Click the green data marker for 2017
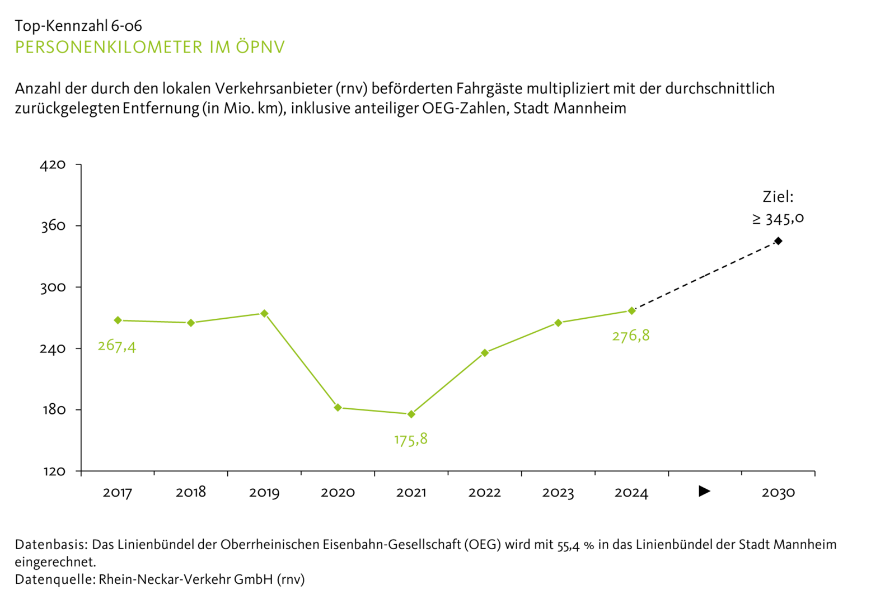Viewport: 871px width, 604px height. [x=118, y=320]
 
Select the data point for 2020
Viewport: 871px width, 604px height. [x=338, y=408]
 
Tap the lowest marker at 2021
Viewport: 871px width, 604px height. [x=411, y=414]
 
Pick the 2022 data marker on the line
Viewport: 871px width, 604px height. [x=485, y=353]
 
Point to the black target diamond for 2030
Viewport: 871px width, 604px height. [x=778, y=241]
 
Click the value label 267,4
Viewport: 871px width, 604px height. [x=116, y=346]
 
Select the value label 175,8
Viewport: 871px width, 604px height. [x=411, y=440]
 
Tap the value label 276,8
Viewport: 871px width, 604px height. [x=631, y=336]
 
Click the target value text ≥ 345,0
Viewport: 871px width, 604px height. [x=778, y=219]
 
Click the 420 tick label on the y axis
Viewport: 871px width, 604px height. [x=53, y=165]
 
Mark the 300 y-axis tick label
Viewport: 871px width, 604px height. [x=53, y=287]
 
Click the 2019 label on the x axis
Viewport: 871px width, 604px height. [x=264, y=493]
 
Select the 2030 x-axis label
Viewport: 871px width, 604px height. [x=778, y=493]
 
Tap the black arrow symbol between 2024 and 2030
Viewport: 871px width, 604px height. [x=705, y=492]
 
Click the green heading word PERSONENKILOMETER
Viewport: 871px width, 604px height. [x=109, y=48]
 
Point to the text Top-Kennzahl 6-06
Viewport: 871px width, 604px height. [x=78, y=26]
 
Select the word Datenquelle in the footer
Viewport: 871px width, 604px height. [x=54, y=579]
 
